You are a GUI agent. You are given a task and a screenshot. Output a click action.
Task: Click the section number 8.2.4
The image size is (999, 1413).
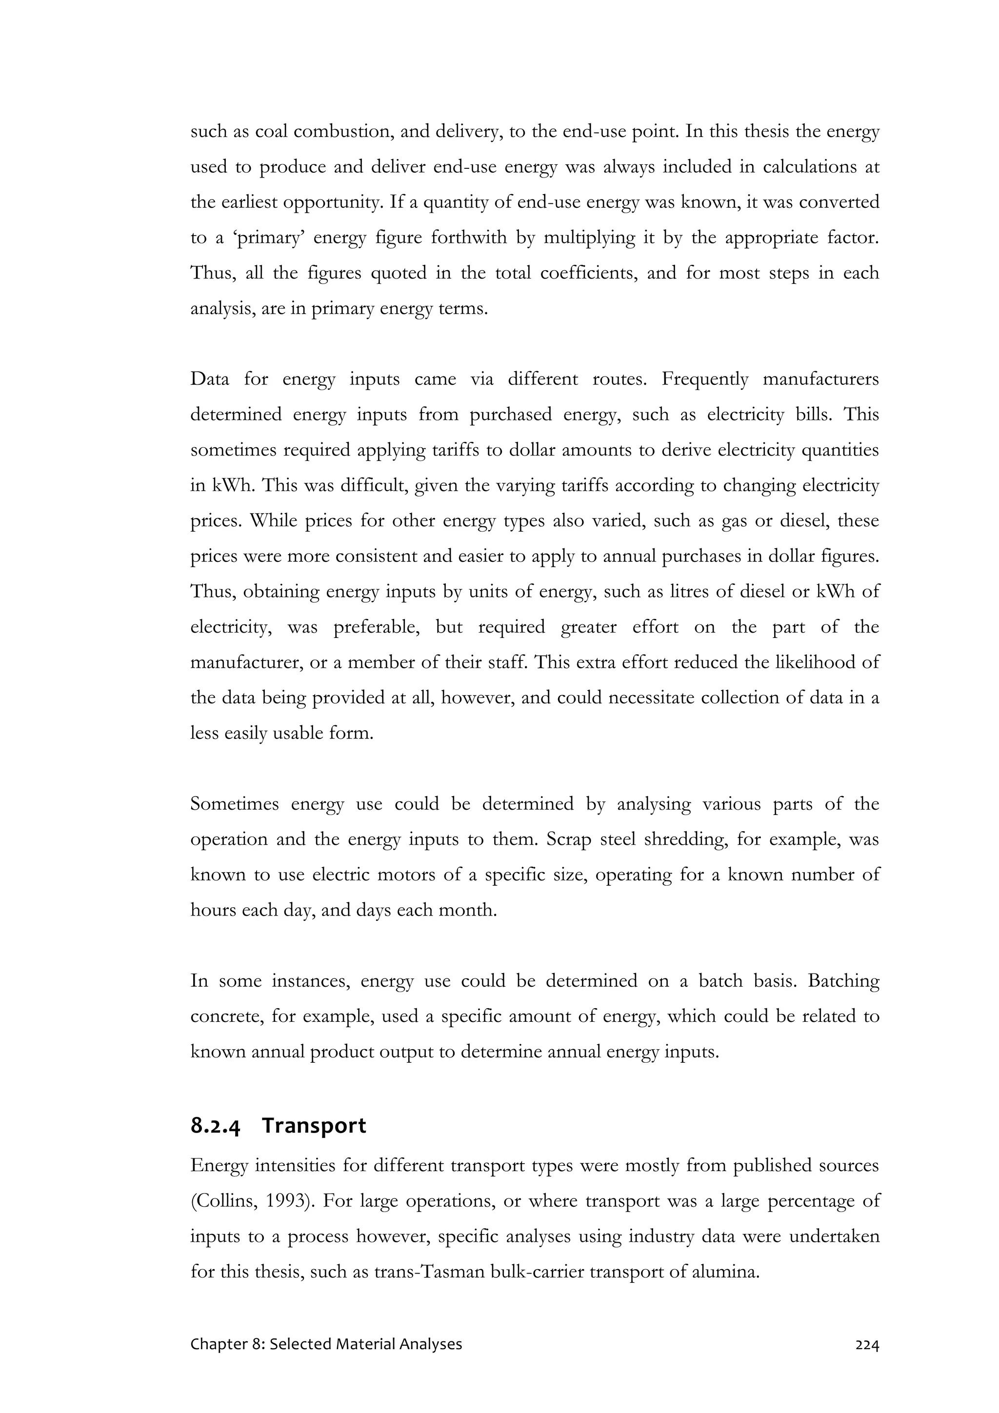tap(216, 1126)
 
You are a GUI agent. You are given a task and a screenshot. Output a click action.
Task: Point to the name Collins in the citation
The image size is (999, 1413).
tap(220, 1201)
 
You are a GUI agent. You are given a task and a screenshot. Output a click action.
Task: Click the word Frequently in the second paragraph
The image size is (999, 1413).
tap(705, 379)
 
